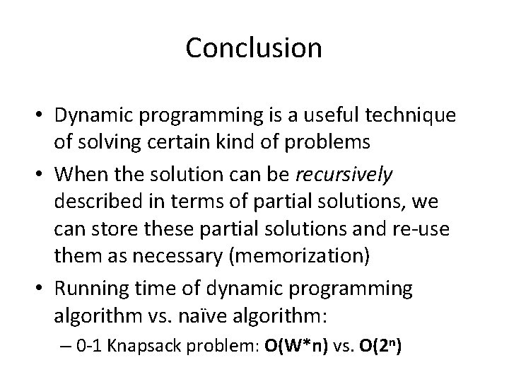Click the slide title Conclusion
point(254,48)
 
